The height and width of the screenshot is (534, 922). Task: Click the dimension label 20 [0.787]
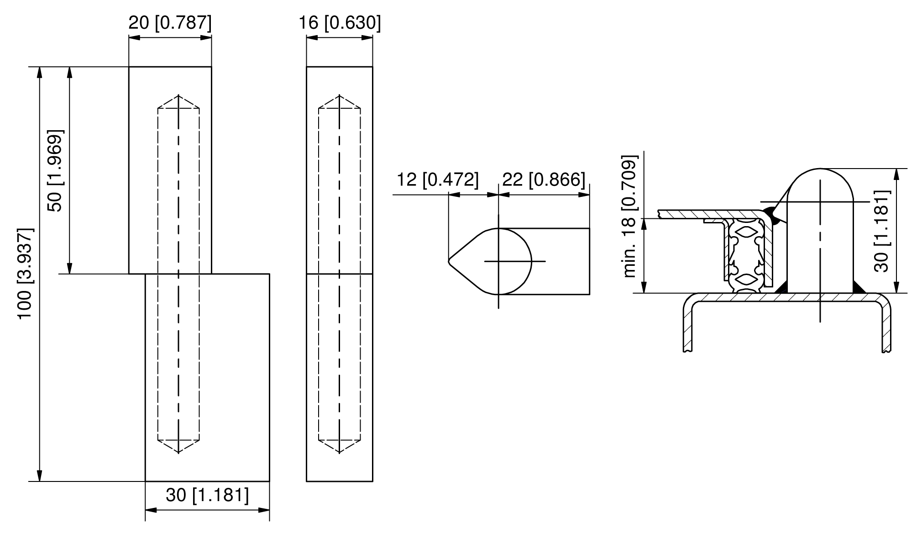click(x=170, y=22)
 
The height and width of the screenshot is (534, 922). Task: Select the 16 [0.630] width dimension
click(x=340, y=22)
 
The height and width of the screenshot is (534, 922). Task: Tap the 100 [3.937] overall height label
click(x=26, y=274)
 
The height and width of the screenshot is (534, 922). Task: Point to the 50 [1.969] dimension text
click(x=55, y=171)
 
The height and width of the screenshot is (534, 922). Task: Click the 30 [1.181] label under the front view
click(x=208, y=495)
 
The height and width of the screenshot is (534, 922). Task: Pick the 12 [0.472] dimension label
click(x=438, y=180)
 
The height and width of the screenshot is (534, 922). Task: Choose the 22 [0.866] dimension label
click(x=544, y=180)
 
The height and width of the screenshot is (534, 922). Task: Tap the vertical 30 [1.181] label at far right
click(x=882, y=231)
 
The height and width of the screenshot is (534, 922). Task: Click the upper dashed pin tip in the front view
click(x=178, y=95)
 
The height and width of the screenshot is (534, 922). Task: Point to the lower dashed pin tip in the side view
click(x=339, y=452)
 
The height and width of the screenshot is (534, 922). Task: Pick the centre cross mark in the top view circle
click(x=498, y=261)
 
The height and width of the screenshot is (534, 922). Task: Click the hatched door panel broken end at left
click(x=660, y=214)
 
